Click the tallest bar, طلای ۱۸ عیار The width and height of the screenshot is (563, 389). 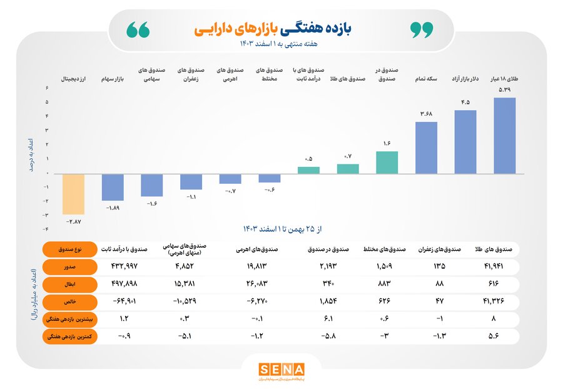[504, 135]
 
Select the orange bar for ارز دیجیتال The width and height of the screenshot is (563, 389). [74, 194]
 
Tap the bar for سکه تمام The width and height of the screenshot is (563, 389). [427, 147]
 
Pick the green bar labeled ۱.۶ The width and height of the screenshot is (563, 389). [387, 162]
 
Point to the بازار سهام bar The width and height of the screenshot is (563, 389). [113, 187]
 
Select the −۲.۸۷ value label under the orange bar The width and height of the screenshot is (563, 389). [74, 222]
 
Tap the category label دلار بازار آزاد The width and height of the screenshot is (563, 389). [465, 79]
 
